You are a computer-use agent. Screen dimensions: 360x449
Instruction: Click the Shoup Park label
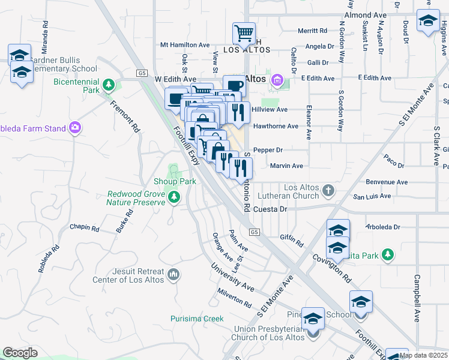(175, 182)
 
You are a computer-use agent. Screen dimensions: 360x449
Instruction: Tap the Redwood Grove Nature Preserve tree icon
(174, 197)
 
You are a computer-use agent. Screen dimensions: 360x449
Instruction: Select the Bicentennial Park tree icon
(108, 85)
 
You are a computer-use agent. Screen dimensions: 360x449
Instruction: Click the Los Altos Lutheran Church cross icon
(328, 191)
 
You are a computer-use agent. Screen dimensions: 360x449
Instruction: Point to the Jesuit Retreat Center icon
(173, 274)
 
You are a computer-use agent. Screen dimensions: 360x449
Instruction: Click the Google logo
(20, 353)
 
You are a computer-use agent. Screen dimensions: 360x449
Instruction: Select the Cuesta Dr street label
(271, 209)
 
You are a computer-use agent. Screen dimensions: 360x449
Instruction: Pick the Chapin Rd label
(84, 227)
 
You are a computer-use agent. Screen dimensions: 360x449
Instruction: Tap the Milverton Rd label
(234, 297)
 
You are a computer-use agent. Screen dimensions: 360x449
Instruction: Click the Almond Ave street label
(365, 14)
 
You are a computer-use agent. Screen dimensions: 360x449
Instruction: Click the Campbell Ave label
(416, 298)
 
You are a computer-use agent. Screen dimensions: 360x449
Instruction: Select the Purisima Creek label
(196, 319)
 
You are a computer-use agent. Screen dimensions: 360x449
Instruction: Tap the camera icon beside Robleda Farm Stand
(75, 127)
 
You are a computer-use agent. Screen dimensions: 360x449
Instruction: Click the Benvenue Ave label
(386, 181)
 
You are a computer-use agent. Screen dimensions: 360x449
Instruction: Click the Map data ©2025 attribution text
(423, 355)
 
